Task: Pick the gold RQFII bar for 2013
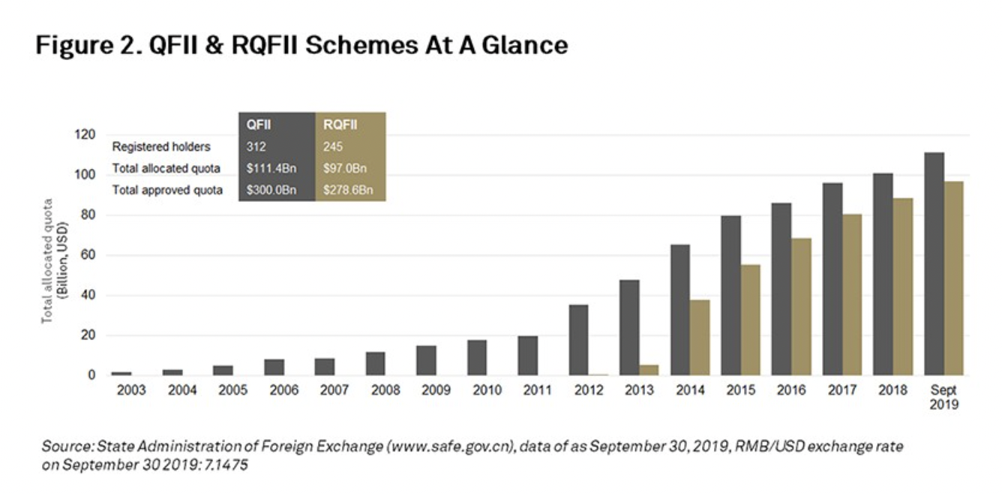pyautogui.click(x=649, y=369)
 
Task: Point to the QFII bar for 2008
pyautogui.click(x=375, y=363)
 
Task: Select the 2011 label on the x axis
pyautogui.click(x=538, y=391)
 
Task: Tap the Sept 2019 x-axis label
pyautogui.click(x=943, y=397)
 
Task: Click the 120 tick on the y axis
pyautogui.click(x=86, y=135)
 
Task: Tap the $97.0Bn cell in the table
pyautogui.click(x=342, y=168)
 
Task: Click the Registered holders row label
pyautogui.click(x=161, y=147)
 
